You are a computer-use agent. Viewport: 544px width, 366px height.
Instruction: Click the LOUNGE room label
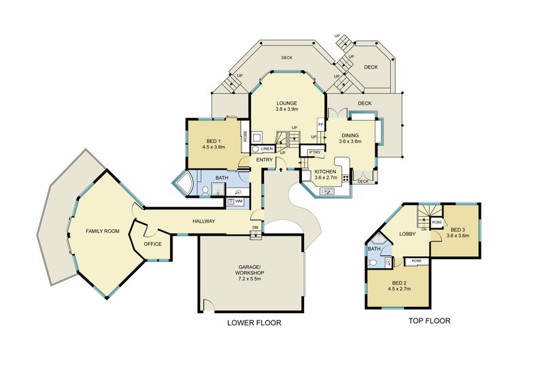tap(286, 103)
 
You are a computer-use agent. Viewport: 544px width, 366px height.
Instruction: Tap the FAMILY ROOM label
tap(103, 231)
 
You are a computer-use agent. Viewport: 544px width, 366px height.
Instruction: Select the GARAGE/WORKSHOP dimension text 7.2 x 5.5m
tap(250, 278)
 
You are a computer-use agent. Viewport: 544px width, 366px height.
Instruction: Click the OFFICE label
tap(152, 244)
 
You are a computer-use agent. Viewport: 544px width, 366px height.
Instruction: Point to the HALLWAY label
tap(204, 221)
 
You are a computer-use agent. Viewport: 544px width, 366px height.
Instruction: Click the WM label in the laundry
tap(239, 201)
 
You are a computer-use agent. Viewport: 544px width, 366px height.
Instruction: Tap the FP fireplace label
tap(320, 125)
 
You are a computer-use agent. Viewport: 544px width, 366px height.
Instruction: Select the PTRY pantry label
tap(315, 153)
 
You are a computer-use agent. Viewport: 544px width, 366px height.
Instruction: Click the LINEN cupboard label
tap(267, 149)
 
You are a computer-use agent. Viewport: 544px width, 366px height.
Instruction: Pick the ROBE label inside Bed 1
tap(245, 136)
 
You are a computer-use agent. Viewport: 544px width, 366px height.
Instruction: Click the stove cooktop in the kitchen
tap(346, 178)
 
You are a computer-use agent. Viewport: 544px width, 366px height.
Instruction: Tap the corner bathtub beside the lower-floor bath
tap(185, 181)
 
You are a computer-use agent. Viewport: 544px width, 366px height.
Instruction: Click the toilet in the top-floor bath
tap(373, 262)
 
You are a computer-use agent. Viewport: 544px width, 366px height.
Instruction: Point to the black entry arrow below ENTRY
tap(281, 169)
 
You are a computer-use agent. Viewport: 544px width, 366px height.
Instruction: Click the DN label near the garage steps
tap(256, 227)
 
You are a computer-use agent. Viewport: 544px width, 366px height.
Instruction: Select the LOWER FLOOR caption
tap(254, 323)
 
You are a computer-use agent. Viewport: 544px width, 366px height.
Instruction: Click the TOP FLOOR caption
tap(429, 321)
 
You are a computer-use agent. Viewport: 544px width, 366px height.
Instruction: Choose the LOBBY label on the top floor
tap(407, 234)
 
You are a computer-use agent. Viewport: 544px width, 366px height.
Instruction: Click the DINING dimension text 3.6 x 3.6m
tap(350, 141)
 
